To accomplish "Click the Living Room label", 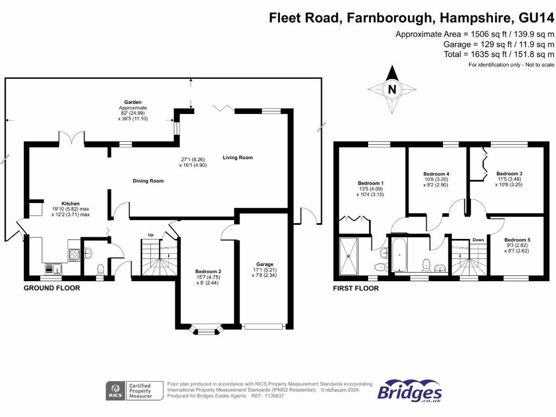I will point(238,157).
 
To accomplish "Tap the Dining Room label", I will point(148,181).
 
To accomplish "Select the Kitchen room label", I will point(70,204).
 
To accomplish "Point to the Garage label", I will point(265,264).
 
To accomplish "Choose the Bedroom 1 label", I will point(370,183).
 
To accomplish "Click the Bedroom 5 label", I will point(517,239).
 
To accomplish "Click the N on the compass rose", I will point(391,89).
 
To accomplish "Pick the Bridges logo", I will point(409,391).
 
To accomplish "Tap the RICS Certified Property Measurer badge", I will point(134,391).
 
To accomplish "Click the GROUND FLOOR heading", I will point(52,288).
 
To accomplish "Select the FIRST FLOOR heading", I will point(356,288).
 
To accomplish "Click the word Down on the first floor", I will point(478,239).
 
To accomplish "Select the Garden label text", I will point(132,102).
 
